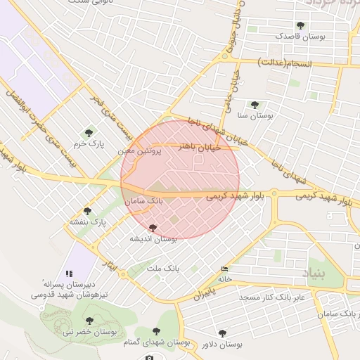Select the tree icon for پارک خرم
click(89, 132)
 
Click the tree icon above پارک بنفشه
click(87, 211)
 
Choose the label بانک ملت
click(164, 268)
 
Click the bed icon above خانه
click(224, 269)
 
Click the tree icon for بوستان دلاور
click(222, 333)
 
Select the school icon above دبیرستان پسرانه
click(68, 273)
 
